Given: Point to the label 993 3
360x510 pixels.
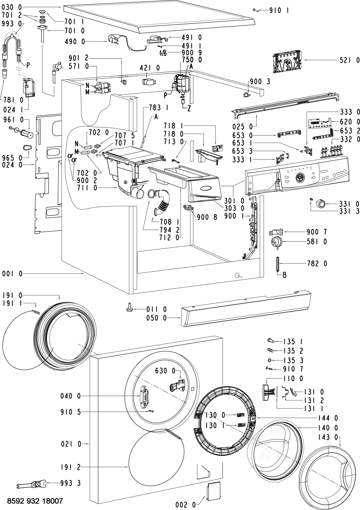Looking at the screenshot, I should click(70, 483).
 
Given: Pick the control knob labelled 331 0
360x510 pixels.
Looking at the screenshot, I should click(321, 204).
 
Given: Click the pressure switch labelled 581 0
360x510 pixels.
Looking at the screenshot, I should click(277, 242).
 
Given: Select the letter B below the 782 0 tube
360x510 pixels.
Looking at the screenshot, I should click(284, 275).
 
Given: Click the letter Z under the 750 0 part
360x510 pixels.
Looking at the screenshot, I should click(189, 109).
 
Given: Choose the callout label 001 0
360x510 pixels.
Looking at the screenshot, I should click(12, 274).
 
